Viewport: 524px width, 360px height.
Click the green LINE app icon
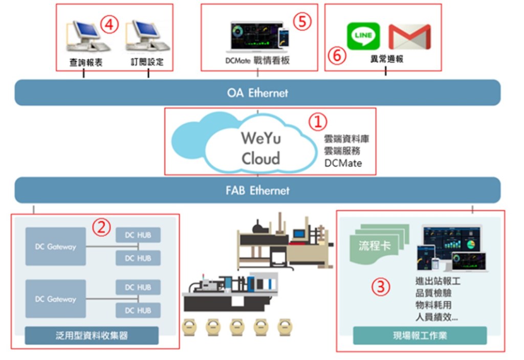[363, 36]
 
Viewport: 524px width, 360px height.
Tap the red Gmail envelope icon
[409, 37]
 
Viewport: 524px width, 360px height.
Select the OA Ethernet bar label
[257, 93]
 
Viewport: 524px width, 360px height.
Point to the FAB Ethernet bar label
[257, 191]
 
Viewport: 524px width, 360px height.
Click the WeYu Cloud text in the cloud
[261, 148]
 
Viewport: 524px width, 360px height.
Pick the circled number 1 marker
[318, 121]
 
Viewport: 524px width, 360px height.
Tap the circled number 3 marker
[380, 287]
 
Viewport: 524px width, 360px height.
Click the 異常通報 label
[386, 59]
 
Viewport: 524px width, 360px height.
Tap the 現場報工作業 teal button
[420, 335]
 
